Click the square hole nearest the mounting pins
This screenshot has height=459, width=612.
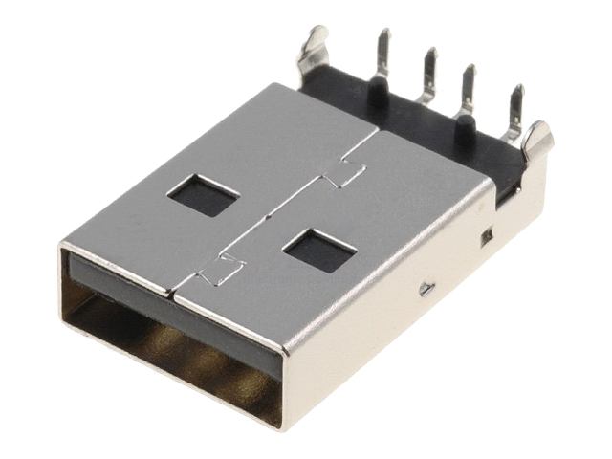click(x=203, y=194)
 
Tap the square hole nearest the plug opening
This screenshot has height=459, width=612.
click(x=319, y=251)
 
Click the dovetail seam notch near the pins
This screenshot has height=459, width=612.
click(x=343, y=174)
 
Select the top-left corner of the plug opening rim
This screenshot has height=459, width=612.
click(x=64, y=250)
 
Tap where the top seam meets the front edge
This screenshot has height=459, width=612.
click(x=176, y=289)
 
